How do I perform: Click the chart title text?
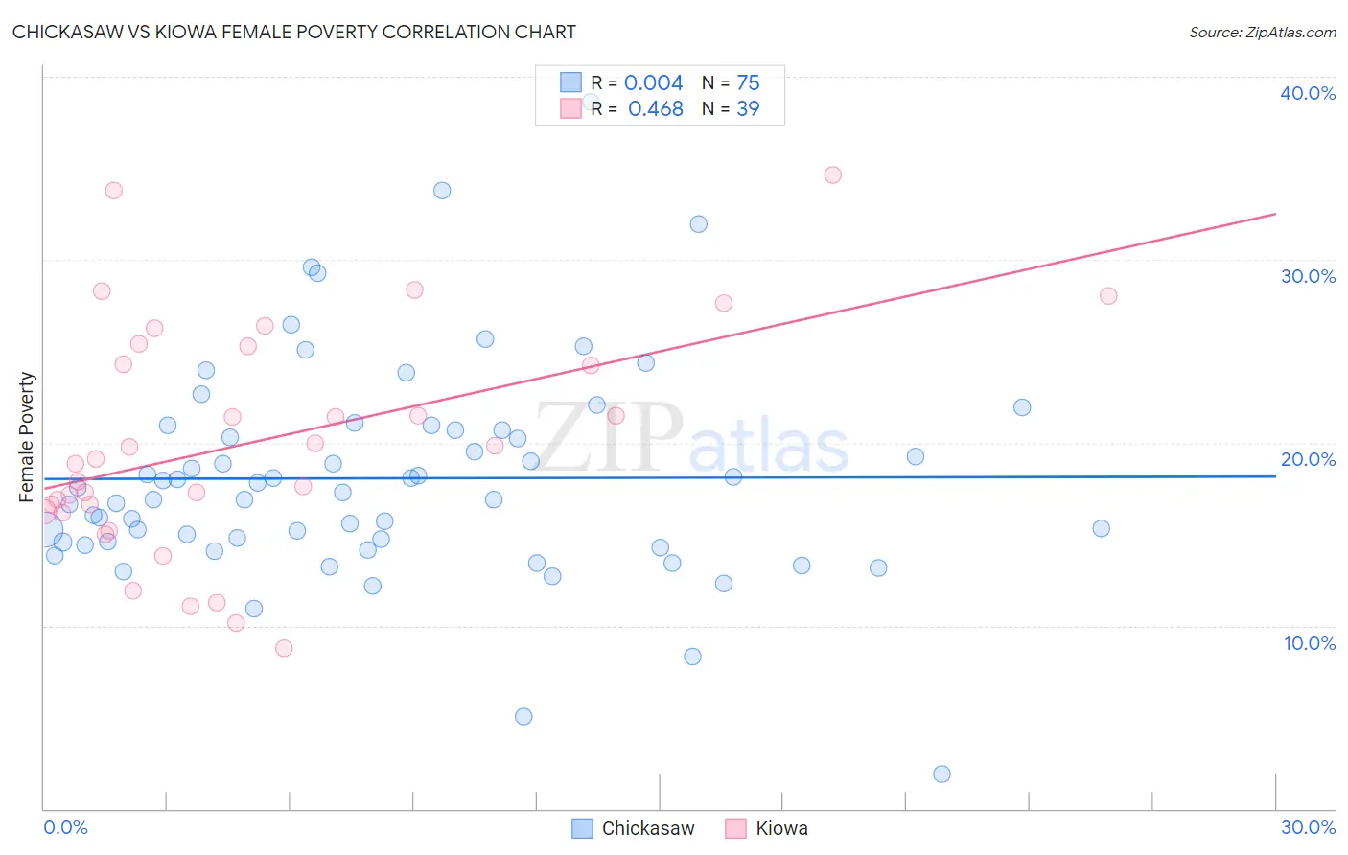[294, 32]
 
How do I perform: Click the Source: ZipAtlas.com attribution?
[1262, 32]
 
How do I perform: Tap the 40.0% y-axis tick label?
[1307, 93]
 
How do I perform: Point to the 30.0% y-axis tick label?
[1308, 276]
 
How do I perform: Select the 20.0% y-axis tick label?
[1308, 459]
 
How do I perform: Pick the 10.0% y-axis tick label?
[1309, 643]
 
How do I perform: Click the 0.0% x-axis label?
[65, 827]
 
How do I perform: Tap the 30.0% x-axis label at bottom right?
[1308, 827]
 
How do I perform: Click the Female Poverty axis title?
[26, 437]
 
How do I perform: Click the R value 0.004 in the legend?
[653, 82]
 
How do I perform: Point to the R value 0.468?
[655, 108]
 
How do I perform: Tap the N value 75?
[748, 82]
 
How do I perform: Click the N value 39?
[748, 108]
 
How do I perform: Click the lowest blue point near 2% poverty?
[941, 774]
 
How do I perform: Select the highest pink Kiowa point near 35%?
[832, 174]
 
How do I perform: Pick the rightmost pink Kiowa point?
[1108, 295]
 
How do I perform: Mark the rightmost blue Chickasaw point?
[1101, 528]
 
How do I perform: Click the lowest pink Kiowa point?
[284, 648]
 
